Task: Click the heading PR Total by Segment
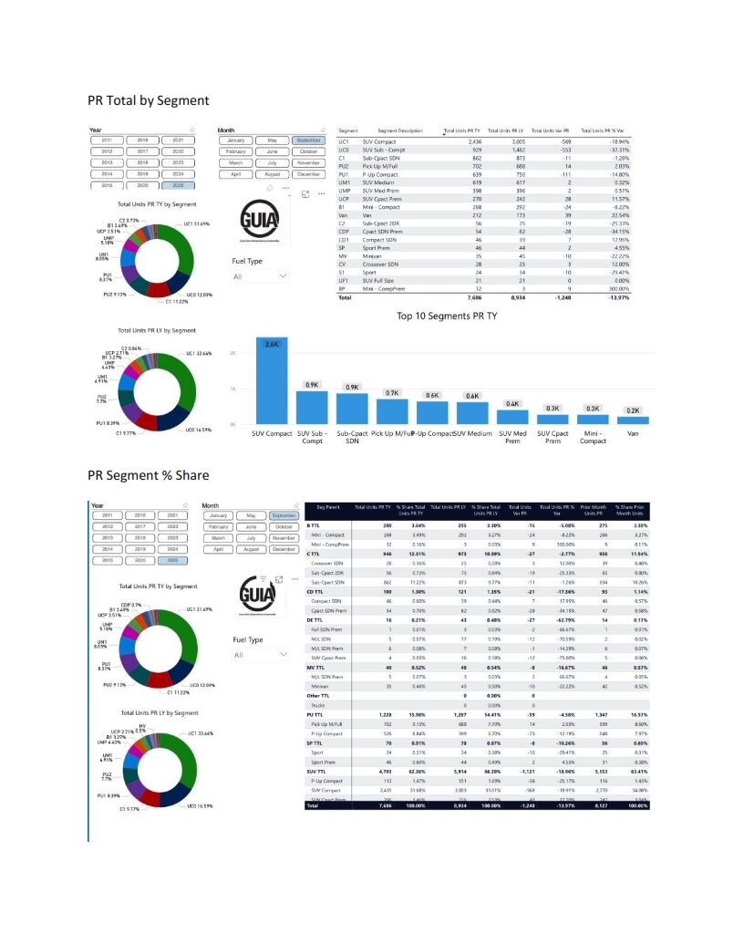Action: [x=148, y=100]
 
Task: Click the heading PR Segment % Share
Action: [x=148, y=475]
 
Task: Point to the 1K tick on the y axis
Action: [x=232, y=389]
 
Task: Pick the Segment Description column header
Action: [x=399, y=131]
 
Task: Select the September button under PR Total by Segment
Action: [x=309, y=140]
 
